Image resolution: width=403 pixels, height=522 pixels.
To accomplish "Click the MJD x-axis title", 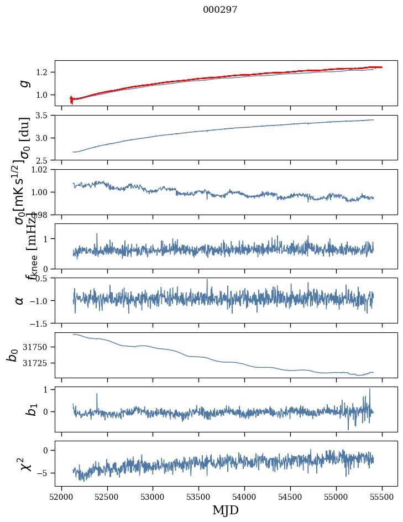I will pos(226,510).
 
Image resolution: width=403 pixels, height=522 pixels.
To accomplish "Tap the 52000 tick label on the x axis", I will pos(61,497).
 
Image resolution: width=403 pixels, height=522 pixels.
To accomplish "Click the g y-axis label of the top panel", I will pos(23,83).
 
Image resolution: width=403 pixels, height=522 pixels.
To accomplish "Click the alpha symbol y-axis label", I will pos(20,300).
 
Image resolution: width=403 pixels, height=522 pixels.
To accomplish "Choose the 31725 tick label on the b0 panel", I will pos(38,363).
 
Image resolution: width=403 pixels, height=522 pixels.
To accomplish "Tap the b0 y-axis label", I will pos(13,354).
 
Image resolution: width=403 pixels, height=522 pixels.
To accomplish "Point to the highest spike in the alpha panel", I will pos(207,279).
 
